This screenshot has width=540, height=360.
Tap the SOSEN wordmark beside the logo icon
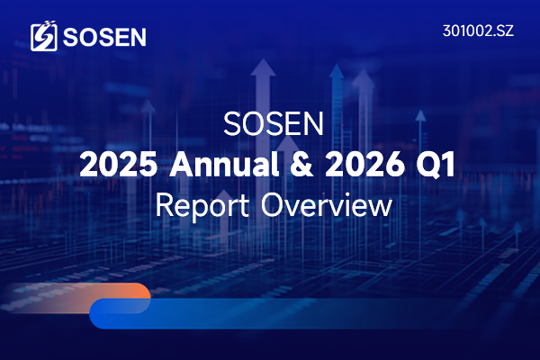tap(104, 37)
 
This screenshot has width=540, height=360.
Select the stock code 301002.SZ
tap(479, 31)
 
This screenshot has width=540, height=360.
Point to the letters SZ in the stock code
tap(505, 31)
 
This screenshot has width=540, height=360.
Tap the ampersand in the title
tap(298, 166)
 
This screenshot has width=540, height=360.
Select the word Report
tap(205, 206)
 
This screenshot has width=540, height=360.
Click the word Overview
tap(326, 206)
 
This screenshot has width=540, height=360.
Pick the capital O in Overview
tap(274, 206)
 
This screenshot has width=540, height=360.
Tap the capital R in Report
tap(164, 206)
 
